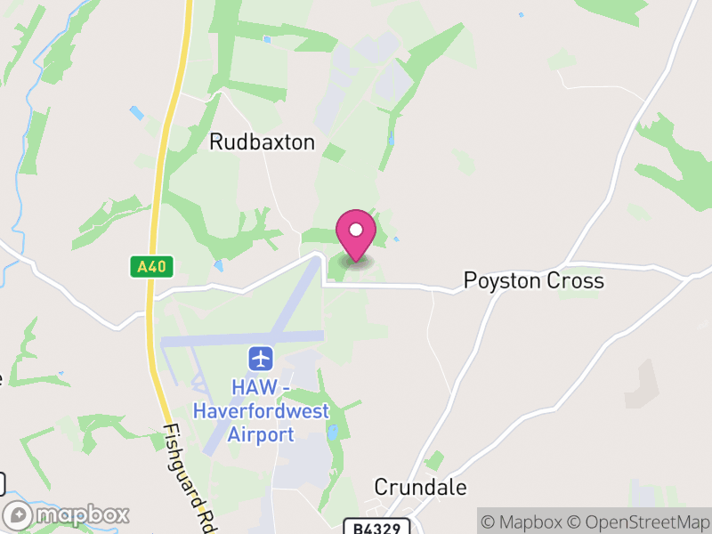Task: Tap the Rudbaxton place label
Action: point(262,142)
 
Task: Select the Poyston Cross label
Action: point(534,281)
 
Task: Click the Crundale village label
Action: point(420,488)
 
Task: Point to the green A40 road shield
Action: point(150,266)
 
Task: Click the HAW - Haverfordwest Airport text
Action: point(261,411)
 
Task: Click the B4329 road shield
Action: point(370,528)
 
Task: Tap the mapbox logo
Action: point(68,515)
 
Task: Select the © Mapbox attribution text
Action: point(529,522)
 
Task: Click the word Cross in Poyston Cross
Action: point(576,281)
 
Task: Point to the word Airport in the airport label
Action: point(261,434)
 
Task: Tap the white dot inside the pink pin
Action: point(356,229)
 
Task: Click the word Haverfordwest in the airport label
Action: point(261,411)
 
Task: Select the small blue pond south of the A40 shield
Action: point(218,265)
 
